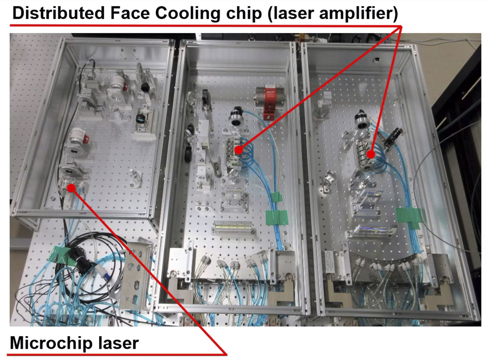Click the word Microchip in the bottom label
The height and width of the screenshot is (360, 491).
coord(51,343)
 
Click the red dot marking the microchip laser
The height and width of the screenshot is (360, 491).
coord(72,188)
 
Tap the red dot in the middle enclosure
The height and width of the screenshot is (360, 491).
coord(239,150)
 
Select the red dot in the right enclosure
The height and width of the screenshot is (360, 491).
coord(371,154)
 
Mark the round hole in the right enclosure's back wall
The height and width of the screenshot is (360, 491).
coord(376,60)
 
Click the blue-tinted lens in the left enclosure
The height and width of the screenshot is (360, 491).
coord(140,119)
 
